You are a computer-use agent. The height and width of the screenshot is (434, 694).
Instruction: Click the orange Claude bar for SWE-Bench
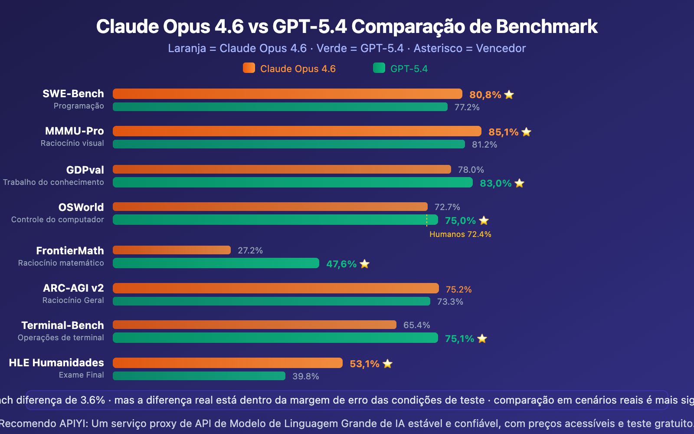(287, 94)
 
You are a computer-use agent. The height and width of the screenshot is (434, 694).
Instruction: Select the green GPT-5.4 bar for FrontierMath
(216, 263)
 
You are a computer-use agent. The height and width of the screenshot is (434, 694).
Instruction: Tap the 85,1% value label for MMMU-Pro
(503, 132)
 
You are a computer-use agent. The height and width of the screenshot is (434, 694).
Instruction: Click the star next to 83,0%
(520, 183)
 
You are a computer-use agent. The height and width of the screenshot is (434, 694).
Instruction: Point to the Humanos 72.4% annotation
(460, 234)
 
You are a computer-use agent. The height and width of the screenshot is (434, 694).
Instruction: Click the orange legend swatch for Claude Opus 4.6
(249, 68)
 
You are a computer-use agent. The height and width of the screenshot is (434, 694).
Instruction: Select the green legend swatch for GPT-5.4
(379, 68)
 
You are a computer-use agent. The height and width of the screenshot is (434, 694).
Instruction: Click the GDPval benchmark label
(85, 170)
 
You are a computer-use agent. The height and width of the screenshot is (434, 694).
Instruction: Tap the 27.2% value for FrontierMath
(250, 250)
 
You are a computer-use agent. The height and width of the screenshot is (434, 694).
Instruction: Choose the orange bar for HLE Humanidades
(227, 363)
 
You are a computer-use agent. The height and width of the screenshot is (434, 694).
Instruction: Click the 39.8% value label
(305, 376)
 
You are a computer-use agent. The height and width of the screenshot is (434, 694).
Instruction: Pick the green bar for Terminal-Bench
(275, 338)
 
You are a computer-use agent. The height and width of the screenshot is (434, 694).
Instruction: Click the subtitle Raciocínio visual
(72, 143)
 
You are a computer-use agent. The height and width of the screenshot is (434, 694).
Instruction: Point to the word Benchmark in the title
(547, 26)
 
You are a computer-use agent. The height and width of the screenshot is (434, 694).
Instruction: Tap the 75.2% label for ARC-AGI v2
(458, 289)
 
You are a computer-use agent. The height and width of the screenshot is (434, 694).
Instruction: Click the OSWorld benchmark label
(81, 207)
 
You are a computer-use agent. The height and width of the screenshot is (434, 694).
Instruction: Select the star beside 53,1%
(388, 364)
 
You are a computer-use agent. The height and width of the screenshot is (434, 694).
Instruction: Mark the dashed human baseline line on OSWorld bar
(427, 220)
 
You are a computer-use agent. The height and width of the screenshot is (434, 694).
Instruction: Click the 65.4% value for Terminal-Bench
(416, 325)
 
